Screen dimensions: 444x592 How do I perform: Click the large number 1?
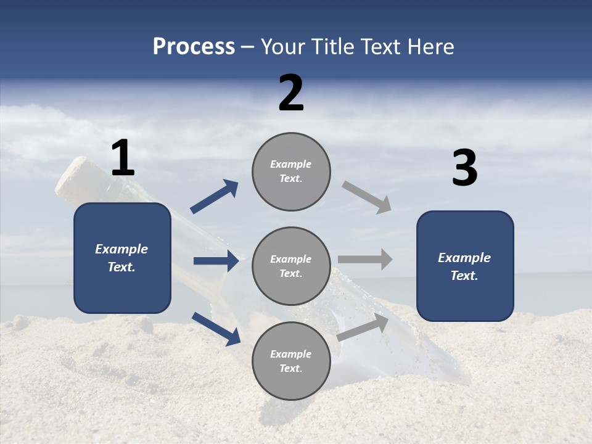(123, 158)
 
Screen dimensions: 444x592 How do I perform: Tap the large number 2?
(291, 93)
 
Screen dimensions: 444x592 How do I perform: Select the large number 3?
(464, 168)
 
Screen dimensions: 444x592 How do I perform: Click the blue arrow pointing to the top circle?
(215, 197)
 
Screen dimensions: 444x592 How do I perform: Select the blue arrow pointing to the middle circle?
(216, 261)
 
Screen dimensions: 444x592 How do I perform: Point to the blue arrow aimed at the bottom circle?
(216, 328)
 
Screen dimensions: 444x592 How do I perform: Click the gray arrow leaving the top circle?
(367, 197)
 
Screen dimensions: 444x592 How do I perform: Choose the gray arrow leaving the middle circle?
(365, 259)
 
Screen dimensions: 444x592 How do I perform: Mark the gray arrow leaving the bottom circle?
(363, 327)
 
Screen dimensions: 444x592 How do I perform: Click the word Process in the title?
(194, 46)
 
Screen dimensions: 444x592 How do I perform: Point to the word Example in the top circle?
(291, 164)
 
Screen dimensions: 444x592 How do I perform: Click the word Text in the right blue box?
(464, 276)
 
